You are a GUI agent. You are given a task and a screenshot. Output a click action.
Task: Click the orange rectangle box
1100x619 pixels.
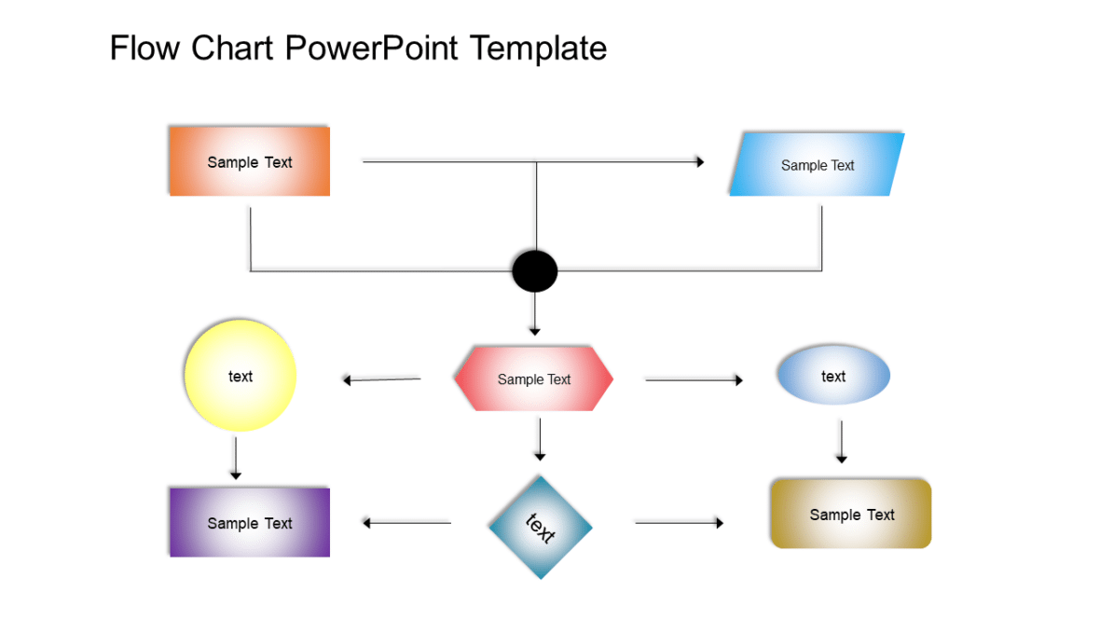tap(249, 161)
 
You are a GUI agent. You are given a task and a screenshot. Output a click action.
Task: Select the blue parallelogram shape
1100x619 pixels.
tap(817, 165)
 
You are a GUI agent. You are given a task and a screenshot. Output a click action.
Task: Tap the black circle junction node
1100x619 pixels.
tap(535, 271)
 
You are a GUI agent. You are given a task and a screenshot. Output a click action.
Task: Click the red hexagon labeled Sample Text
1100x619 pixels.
tap(533, 378)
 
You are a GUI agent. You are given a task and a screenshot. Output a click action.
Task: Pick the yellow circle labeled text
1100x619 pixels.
tap(241, 376)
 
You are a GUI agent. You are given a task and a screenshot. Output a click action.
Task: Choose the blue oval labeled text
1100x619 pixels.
tap(833, 376)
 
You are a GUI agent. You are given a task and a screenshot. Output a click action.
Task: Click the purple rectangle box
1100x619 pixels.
tap(249, 523)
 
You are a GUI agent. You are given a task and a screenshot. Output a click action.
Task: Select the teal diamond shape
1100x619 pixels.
tap(540, 527)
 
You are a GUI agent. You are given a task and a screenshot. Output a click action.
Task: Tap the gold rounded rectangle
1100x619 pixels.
tap(851, 514)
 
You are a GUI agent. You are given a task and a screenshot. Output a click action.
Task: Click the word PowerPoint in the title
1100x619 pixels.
tap(371, 47)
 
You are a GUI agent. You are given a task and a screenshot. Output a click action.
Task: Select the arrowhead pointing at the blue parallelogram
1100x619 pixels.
tap(699, 161)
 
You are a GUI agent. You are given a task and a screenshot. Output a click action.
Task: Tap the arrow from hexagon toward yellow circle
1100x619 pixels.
tap(382, 379)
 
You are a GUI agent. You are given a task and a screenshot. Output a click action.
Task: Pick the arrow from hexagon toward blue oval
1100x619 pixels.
tap(694, 379)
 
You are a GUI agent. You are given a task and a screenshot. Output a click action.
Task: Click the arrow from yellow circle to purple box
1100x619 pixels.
tap(236, 458)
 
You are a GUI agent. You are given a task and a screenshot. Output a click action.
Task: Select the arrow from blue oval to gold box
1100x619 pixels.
tap(841, 442)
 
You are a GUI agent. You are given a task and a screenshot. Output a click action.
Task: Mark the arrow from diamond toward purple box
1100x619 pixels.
tap(406, 523)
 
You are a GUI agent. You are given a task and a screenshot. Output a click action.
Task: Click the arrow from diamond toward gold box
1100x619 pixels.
tap(679, 523)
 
